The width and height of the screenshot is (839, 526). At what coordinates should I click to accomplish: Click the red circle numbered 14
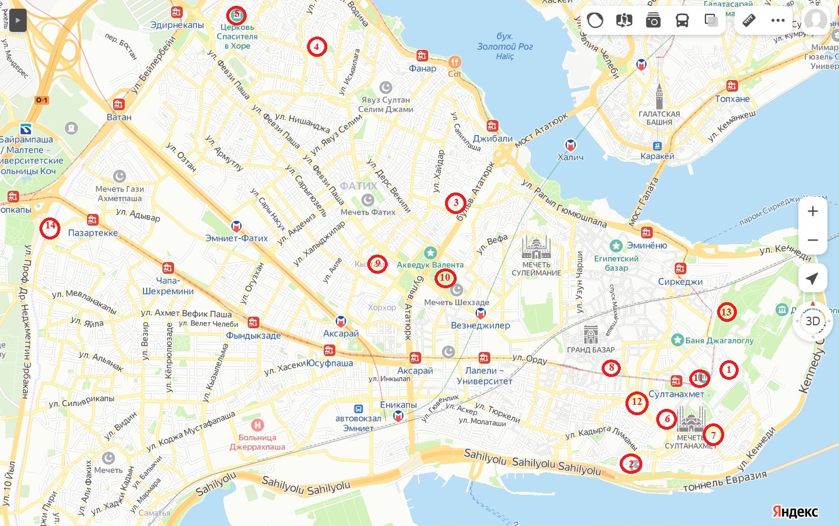[50, 227]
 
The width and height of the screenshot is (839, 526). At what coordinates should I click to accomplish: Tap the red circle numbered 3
[455, 202]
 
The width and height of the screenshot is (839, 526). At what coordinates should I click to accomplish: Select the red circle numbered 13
[726, 312]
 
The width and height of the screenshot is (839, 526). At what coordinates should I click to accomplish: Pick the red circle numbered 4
[317, 46]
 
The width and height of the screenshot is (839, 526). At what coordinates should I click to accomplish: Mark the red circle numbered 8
[611, 368]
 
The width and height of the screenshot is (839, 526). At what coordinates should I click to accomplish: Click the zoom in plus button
[812, 211]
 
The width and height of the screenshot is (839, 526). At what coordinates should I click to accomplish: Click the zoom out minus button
[812, 240]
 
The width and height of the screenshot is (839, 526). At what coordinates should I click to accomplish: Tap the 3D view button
[812, 321]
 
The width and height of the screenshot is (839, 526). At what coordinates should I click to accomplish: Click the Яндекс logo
[794, 512]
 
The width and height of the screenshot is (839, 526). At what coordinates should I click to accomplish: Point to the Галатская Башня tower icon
[659, 96]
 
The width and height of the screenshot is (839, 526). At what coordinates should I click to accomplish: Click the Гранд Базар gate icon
[591, 335]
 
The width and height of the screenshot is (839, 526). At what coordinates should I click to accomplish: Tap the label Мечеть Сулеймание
[536, 269]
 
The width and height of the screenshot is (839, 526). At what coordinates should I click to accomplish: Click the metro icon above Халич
[570, 145]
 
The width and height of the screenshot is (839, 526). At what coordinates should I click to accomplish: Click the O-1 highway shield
[42, 100]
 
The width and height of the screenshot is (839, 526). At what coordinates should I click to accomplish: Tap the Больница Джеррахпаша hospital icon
[257, 425]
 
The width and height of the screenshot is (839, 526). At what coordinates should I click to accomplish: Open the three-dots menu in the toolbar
[777, 21]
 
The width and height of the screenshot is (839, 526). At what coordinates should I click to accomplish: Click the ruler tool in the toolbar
[749, 21]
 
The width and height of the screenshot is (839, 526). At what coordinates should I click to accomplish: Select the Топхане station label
[732, 99]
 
